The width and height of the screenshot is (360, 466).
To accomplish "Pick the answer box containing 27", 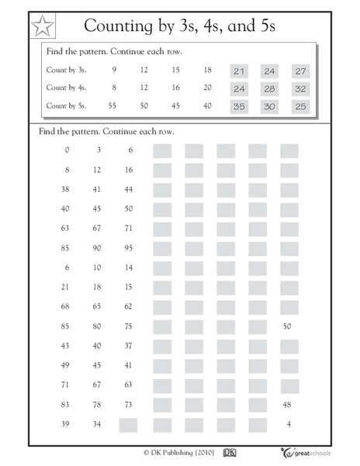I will coord(301,71).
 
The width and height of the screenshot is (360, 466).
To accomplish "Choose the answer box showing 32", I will coord(301,89).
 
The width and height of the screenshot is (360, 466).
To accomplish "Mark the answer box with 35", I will coord(239,106).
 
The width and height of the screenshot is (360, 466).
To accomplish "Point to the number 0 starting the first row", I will coord(67,150).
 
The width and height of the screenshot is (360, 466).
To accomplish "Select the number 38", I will coord(66,189).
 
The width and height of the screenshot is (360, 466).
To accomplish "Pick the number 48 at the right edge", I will coord(288,405).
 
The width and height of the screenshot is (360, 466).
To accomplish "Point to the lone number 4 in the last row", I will coord(288,424).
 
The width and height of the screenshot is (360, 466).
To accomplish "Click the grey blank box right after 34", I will coord(128,424).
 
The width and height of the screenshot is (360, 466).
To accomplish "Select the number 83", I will coord(66,405).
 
